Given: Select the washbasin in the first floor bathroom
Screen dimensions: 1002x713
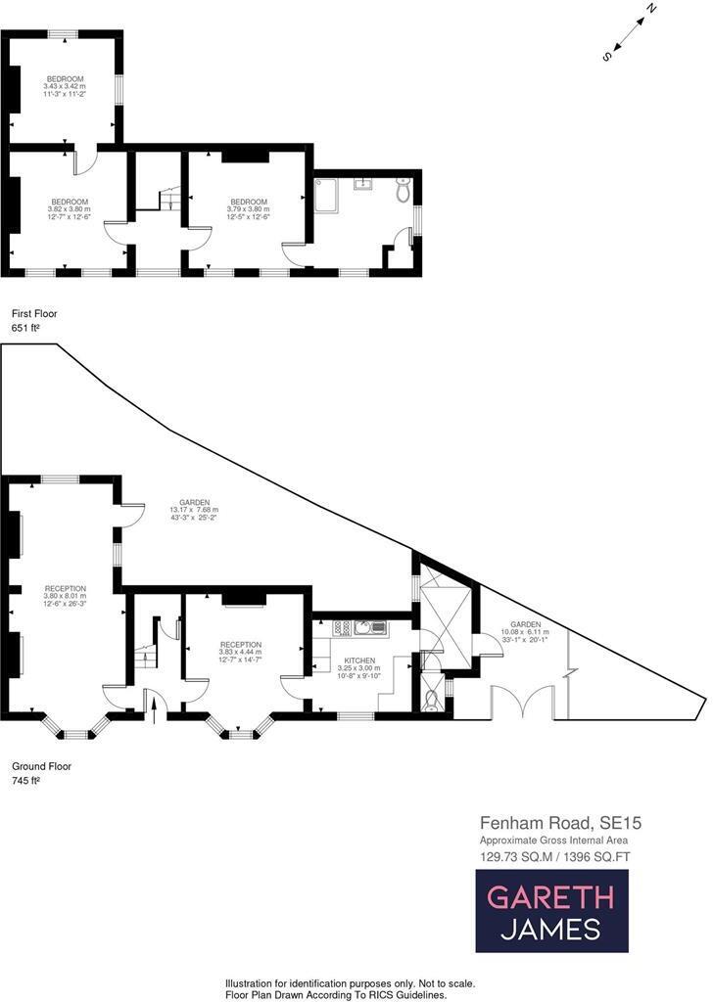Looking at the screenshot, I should [x=364, y=182].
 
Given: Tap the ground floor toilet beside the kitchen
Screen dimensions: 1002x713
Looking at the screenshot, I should [x=432, y=699].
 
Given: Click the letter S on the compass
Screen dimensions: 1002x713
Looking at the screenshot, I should [x=607, y=57].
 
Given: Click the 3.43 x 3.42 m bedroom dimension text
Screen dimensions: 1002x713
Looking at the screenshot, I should [x=65, y=86].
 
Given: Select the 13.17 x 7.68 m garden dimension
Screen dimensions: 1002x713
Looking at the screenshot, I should [x=194, y=509].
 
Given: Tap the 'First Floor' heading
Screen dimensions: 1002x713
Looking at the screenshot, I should [x=34, y=314].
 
